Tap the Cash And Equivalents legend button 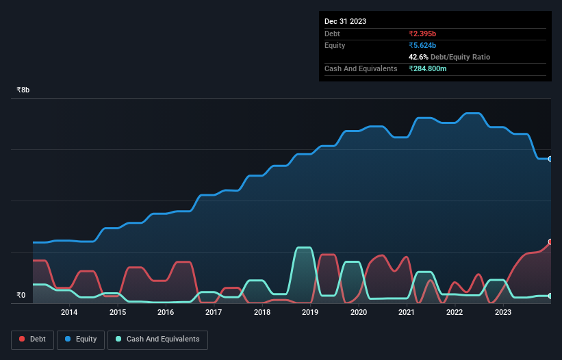[x=157, y=339]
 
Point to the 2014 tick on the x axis [x=68, y=313]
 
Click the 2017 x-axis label [x=214, y=313]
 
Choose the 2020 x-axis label [x=358, y=313]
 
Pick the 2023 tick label [x=502, y=313]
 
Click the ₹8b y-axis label [x=23, y=90]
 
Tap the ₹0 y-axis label [x=21, y=296]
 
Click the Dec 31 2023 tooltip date [x=345, y=21]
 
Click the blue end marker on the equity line [x=550, y=159]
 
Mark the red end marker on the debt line [x=550, y=242]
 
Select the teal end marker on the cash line [x=550, y=296]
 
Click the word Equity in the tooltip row [x=335, y=45]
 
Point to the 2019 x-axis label [x=310, y=313]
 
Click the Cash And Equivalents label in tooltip [x=361, y=68]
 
